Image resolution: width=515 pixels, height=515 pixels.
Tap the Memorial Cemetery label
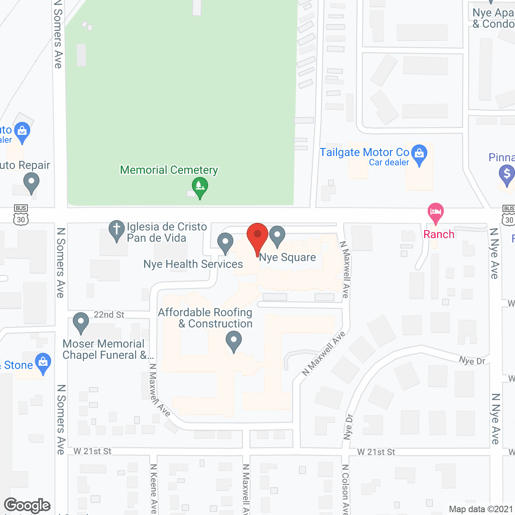(x=169, y=170)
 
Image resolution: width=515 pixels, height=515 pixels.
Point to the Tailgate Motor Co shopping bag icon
(x=419, y=154)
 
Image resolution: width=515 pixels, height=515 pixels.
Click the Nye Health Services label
(x=193, y=264)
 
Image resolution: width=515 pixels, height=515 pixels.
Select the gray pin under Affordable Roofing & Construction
(x=233, y=340)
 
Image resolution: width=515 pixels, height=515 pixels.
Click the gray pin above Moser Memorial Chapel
(x=81, y=322)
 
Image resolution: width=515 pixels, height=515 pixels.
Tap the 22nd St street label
(x=109, y=315)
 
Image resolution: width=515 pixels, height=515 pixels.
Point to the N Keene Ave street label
(x=154, y=488)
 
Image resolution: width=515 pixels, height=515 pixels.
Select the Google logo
(x=27, y=505)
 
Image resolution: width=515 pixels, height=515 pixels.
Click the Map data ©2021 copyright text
(x=481, y=509)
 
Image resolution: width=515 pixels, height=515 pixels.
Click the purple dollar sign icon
(x=507, y=174)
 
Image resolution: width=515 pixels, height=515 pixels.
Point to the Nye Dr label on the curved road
(x=472, y=360)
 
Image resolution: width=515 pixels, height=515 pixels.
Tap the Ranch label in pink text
(x=439, y=234)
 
